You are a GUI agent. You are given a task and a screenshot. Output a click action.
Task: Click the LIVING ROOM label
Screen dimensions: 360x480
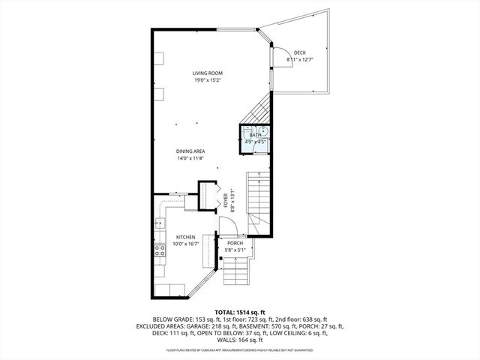click(207, 73)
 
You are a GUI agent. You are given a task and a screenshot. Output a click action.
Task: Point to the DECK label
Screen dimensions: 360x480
click(299, 52)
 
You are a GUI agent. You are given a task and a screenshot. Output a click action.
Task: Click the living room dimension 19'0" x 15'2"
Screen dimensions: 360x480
click(208, 80)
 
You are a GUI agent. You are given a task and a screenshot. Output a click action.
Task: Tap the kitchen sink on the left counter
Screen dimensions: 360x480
click(159, 223)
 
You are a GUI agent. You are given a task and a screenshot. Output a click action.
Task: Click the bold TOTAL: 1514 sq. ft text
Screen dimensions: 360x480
click(240, 311)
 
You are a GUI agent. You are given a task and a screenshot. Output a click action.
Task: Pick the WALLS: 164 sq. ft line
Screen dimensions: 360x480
click(240, 341)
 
